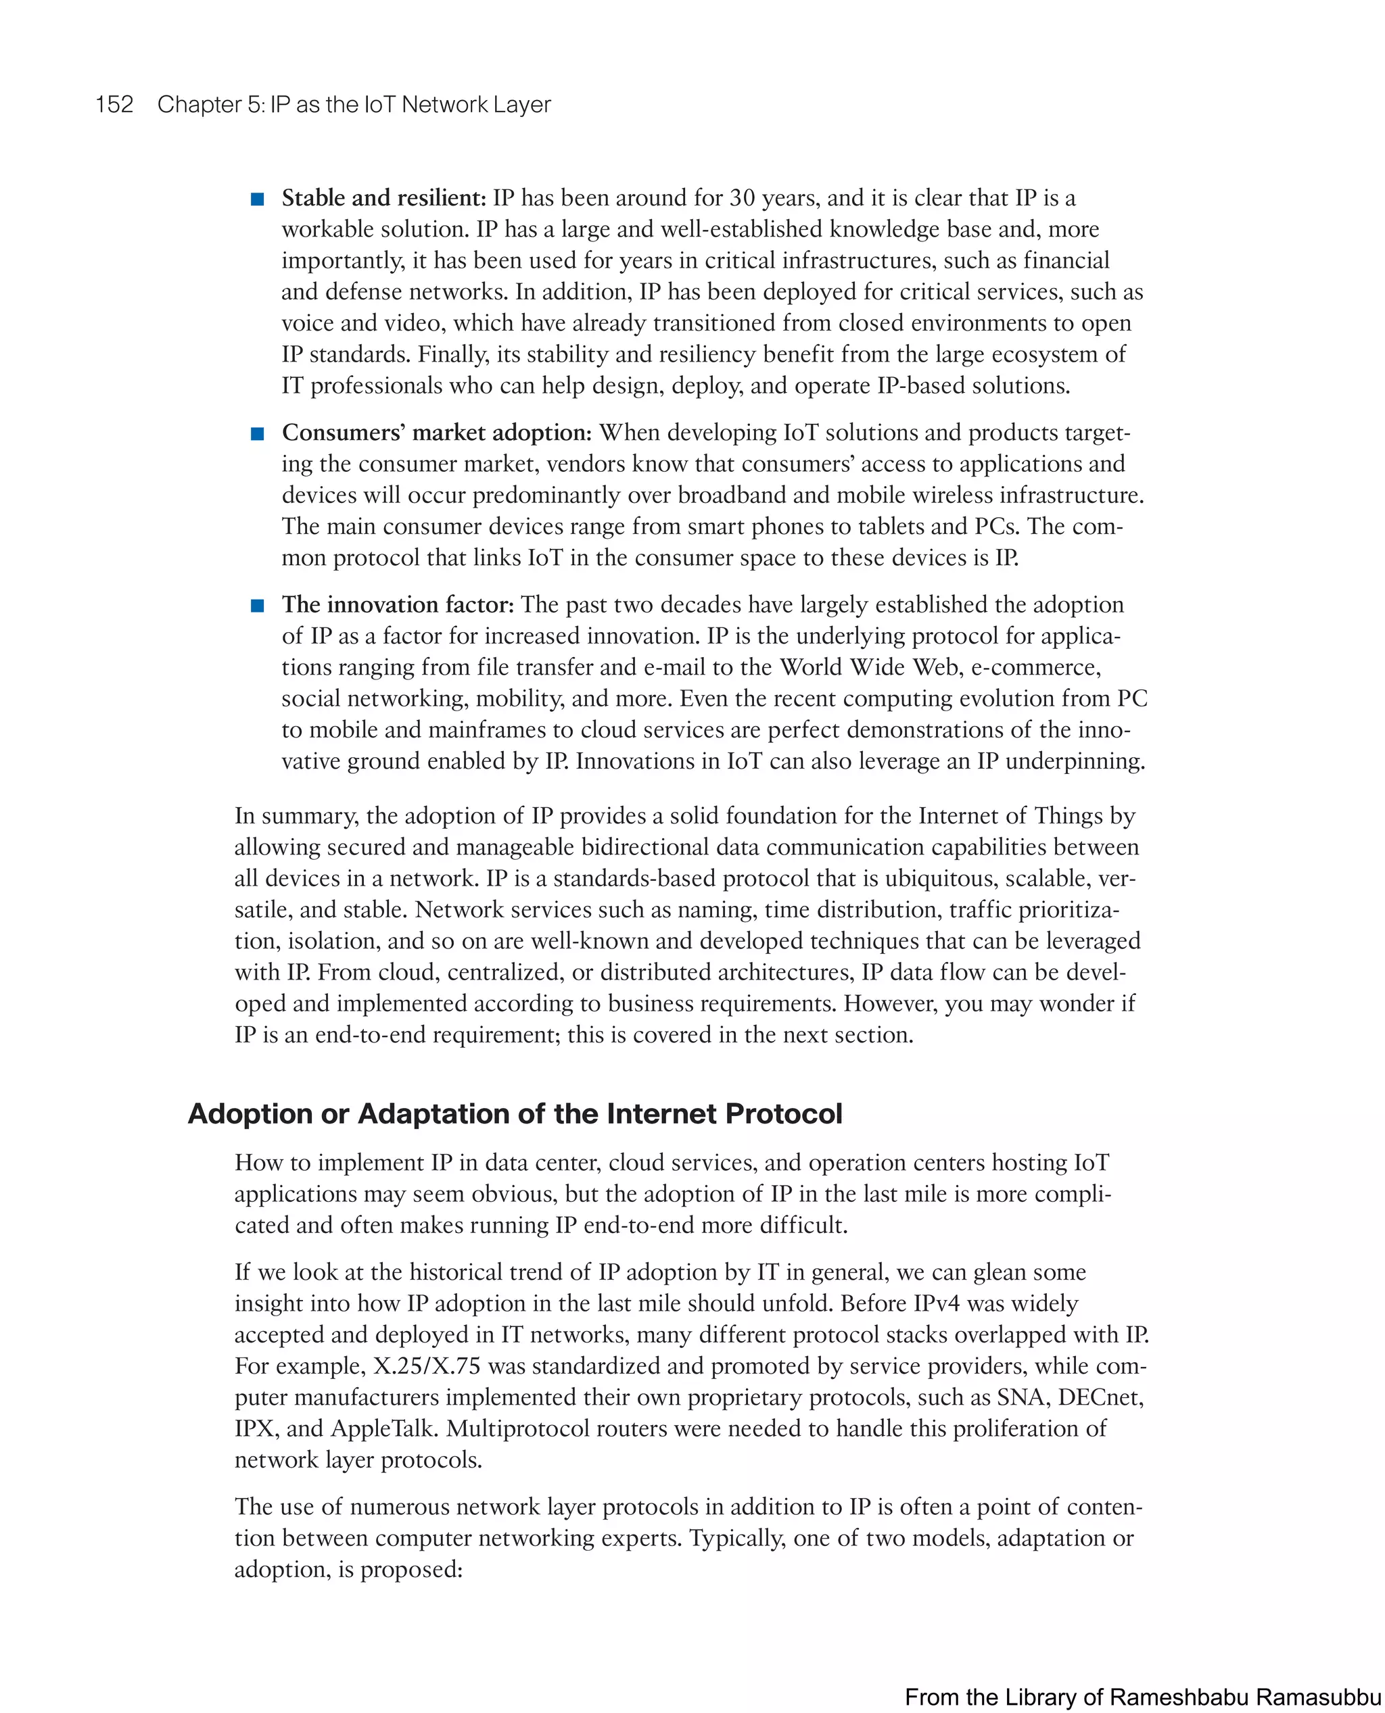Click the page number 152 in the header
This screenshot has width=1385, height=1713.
(x=114, y=105)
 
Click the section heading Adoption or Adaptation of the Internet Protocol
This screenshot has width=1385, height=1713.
(x=515, y=1113)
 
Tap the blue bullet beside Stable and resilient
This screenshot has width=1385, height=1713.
(x=258, y=199)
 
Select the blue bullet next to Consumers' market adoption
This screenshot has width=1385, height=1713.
(x=258, y=434)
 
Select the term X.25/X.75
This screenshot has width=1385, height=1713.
(x=427, y=1366)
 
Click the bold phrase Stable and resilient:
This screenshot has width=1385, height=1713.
(x=383, y=198)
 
